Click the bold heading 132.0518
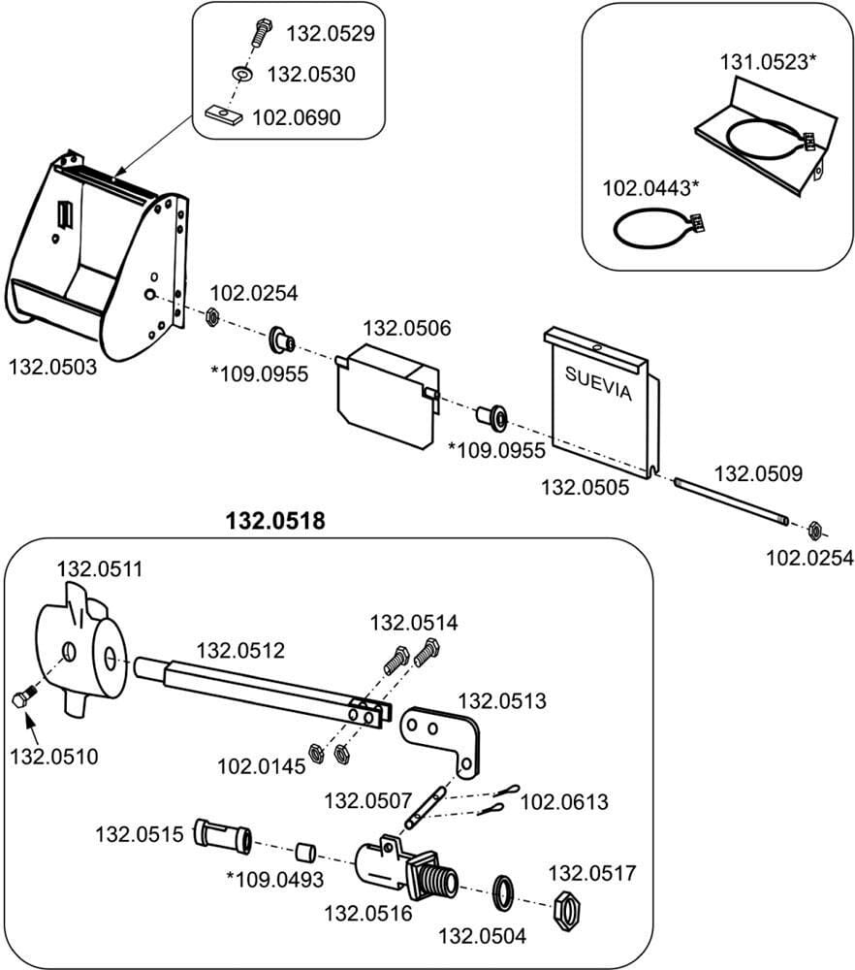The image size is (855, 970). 275,521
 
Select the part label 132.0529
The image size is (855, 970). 331,33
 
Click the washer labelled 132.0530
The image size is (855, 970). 242,74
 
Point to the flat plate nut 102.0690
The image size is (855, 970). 223,113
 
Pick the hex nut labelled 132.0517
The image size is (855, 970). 568,911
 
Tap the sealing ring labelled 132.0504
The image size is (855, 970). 504,892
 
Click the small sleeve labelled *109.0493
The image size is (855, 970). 304,852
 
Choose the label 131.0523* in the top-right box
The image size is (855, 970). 768,62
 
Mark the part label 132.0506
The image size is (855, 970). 407,328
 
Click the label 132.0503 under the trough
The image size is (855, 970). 52,367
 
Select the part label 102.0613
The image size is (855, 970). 564,802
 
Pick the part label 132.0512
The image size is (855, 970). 240,650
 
